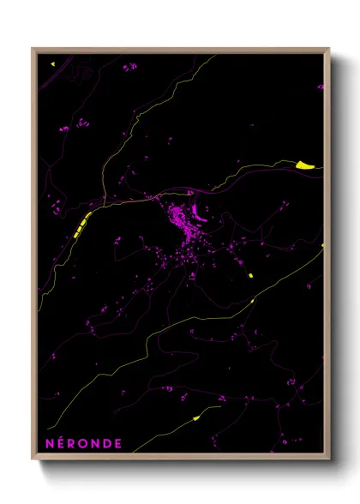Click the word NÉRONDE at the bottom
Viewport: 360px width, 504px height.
click(82, 443)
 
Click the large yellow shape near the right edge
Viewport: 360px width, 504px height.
click(306, 165)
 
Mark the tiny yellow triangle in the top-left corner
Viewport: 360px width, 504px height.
click(51, 63)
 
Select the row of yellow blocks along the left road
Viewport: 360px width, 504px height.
click(81, 225)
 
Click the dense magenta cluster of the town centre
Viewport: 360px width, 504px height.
click(183, 222)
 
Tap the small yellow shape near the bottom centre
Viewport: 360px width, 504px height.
click(195, 418)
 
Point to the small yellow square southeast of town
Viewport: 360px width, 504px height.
click(250, 275)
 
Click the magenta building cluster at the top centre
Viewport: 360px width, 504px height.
click(129, 67)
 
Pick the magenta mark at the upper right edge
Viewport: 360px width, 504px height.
click(321, 87)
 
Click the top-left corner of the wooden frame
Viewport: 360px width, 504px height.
click(33, 49)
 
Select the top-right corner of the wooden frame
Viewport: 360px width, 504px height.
click(328, 49)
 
